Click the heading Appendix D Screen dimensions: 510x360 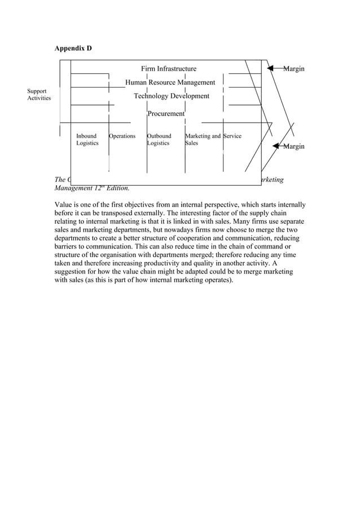pos(73,49)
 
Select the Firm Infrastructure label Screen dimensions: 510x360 pos(169,69)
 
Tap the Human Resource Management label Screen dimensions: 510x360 pos(170,82)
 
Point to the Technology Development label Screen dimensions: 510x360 pos(171,96)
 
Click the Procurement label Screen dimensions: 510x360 pos(166,114)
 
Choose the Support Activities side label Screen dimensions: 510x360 pos(39,94)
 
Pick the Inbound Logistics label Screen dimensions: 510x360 pos(87,140)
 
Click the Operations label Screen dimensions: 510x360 pos(122,136)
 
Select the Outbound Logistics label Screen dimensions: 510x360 pos(159,140)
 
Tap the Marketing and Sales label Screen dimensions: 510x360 pos(202,140)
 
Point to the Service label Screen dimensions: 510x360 pos(232,136)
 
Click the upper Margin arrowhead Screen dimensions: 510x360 pos(271,68)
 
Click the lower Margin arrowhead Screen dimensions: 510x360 pos(276,146)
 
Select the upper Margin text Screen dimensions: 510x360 pos(294,69)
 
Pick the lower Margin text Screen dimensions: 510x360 pos(294,147)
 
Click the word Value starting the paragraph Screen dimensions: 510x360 pos(64,204)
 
